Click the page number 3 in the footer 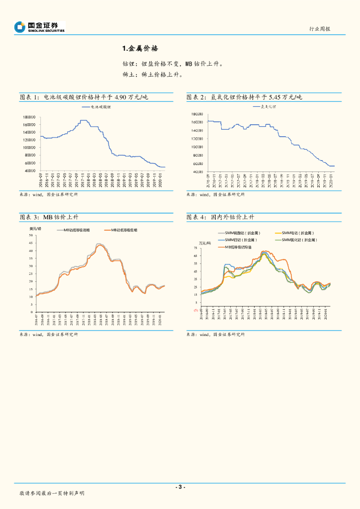click(x=180, y=487)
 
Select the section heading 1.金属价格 click(x=140, y=49)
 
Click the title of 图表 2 click(x=244, y=97)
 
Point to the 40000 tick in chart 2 click(x=196, y=171)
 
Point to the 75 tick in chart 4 click(x=196, y=248)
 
